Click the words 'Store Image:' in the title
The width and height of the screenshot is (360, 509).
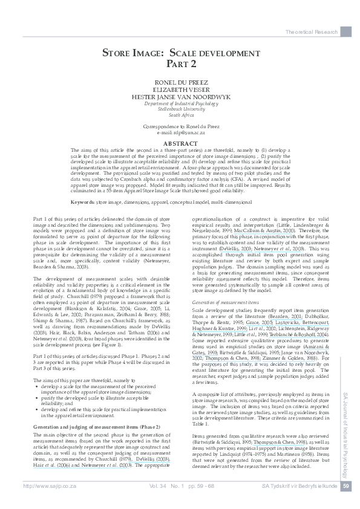click(134, 53)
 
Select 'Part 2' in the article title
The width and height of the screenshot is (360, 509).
click(181, 63)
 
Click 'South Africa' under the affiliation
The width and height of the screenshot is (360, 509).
click(180, 114)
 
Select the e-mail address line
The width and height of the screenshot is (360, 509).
click(180, 131)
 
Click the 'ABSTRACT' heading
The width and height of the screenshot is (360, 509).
click(180, 143)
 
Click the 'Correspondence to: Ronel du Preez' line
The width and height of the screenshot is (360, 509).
click(180, 126)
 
